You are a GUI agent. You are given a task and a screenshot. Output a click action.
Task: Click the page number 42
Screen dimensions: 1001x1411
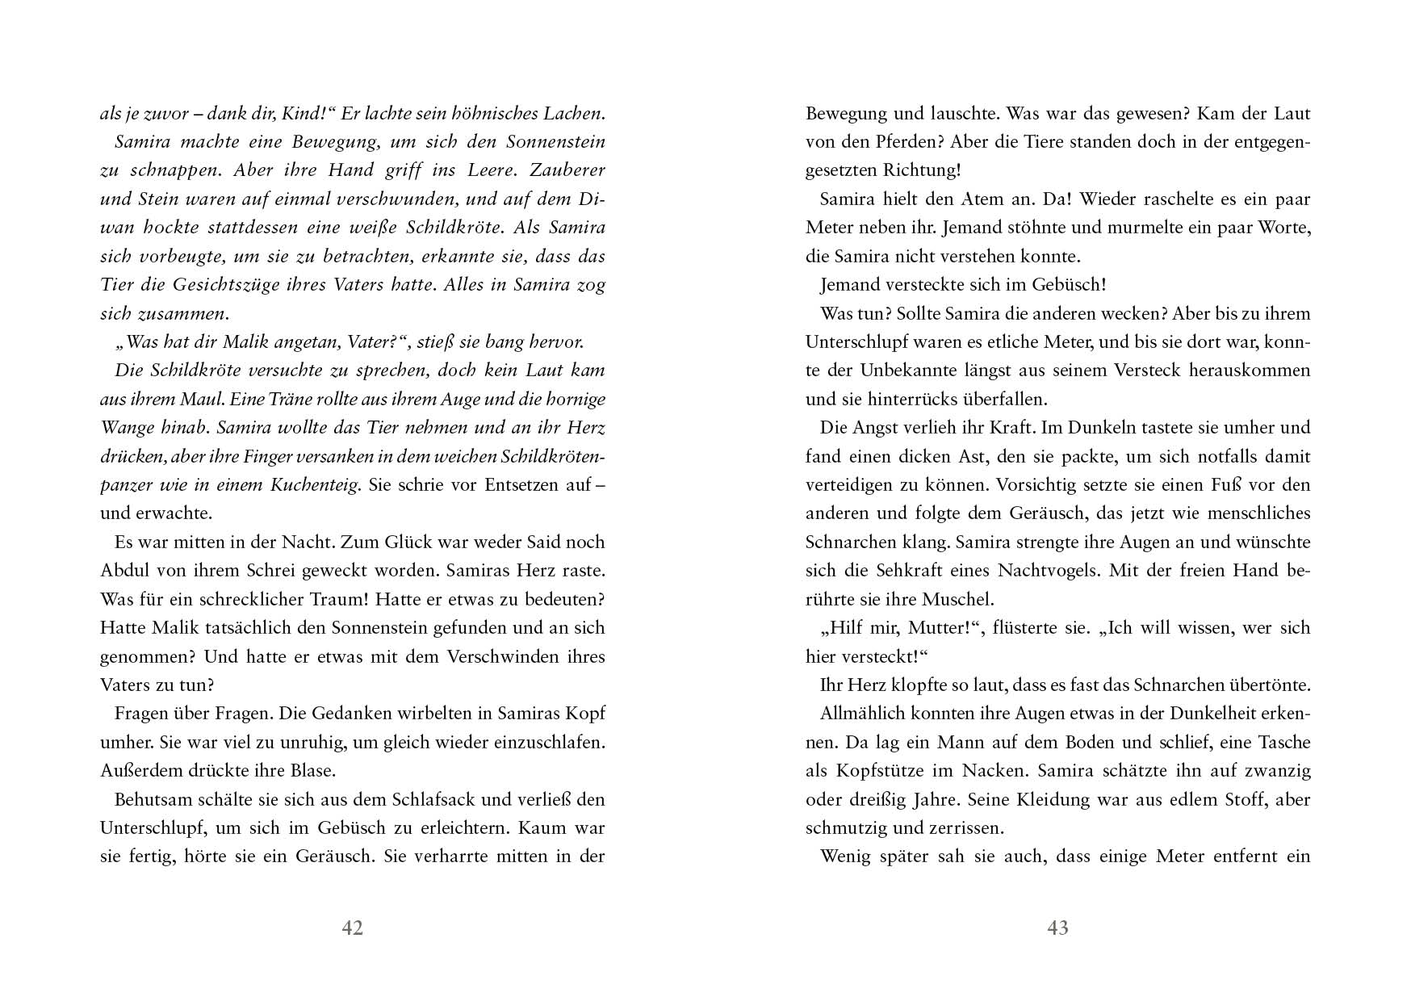click(x=353, y=928)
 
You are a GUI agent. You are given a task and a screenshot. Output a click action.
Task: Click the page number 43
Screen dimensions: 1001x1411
click(x=1057, y=928)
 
